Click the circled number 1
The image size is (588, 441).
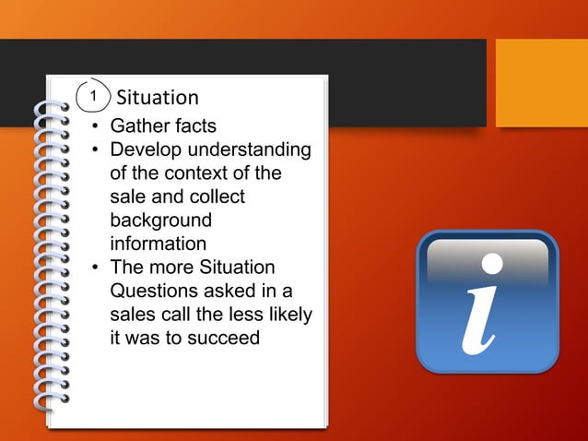92,96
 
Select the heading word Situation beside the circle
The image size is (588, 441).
158,97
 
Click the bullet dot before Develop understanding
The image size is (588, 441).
94,149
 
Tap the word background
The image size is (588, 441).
160,221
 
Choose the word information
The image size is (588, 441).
158,244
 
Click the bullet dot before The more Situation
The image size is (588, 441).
94,268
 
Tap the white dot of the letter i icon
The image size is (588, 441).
493,264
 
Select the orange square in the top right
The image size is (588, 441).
541,83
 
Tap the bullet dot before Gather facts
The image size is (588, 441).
94,125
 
